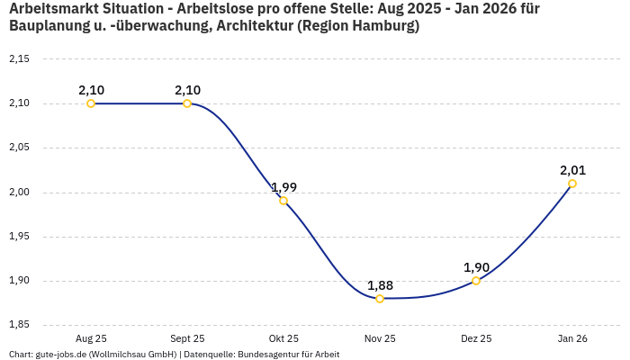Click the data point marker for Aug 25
click(91, 103)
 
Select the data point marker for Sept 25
click(187, 103)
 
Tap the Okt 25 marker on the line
click(283, 201)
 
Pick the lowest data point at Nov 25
click(380, 298)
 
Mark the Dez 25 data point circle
click(476, 281)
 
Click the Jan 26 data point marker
click(572, 184)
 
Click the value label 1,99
click(283, 187)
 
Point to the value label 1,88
click(380, 285)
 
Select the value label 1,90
click(476, 267)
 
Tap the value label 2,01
click(572, 170)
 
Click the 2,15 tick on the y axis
click(19, 59)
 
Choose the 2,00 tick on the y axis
click(19, 193)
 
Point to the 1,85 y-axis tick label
click(19, 325)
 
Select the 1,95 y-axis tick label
click(19, 237)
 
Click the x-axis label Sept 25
click(187, 339)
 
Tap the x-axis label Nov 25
click(380, 339)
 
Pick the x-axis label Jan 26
click(572, 339)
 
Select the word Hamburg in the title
click(382, 26)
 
